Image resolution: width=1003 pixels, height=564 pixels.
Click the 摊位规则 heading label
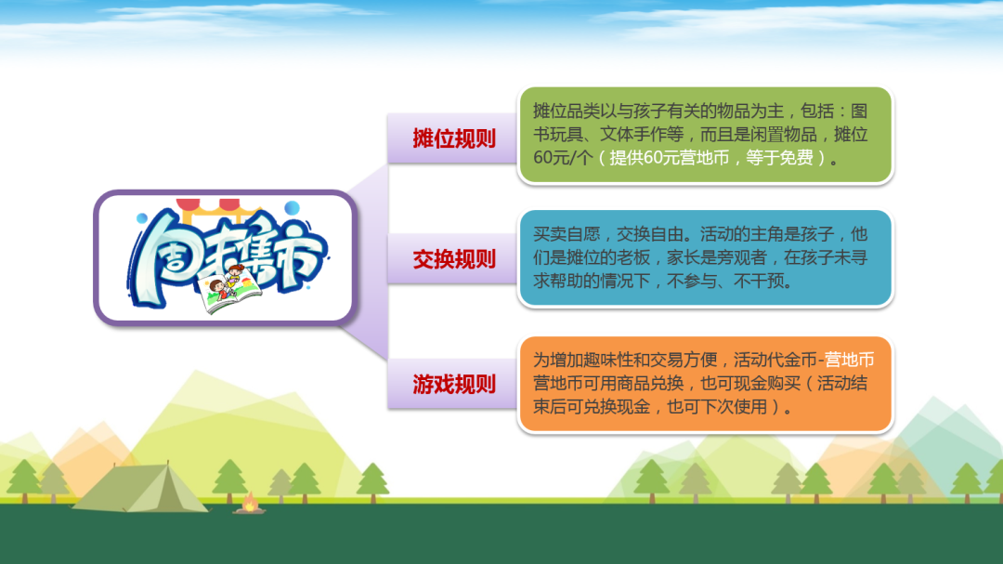click(x=453, y=138)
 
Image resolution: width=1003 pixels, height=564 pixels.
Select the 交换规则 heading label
click(x=453, y=259)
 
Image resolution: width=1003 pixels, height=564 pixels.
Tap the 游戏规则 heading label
click(x=453, y=384)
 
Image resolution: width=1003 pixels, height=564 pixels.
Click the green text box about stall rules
click(x=705, y=135)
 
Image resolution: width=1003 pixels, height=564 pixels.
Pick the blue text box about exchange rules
click(x=705, y=258)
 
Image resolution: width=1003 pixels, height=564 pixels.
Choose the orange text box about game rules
click(x=705, y=384)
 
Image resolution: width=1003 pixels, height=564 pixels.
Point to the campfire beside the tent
click(x=250, y=504)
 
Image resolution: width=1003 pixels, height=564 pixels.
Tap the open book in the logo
click(x=229, y=294)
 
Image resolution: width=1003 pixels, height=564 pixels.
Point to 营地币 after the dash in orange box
click(x=850, y=360)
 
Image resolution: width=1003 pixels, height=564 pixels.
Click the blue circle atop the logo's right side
click(x=292, y=207)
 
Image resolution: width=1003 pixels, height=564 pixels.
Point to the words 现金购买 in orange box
click(x=767, y=384)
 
